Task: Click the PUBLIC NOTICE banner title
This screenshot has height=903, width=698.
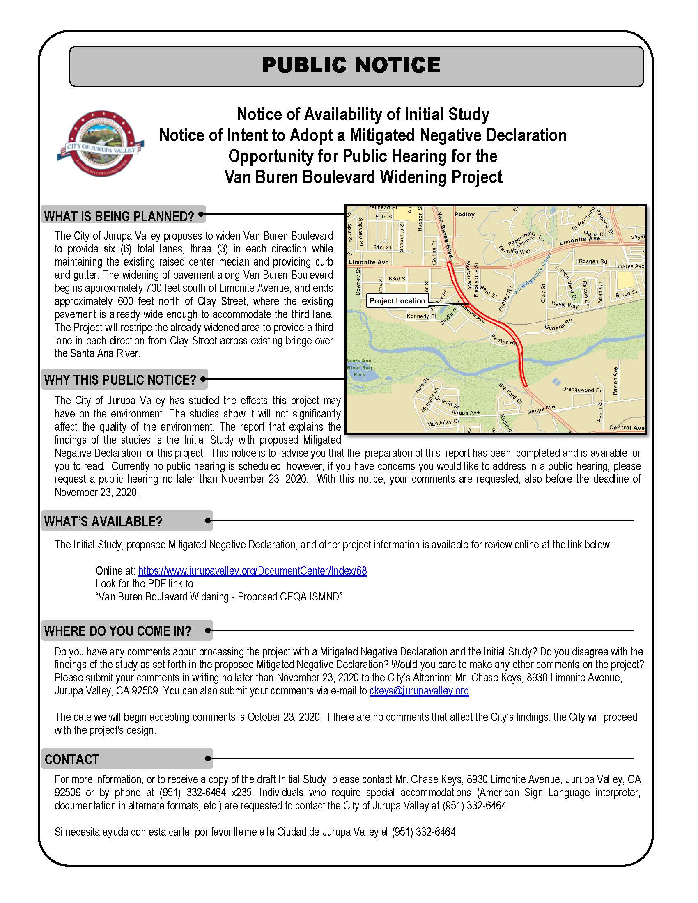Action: pos(351,65)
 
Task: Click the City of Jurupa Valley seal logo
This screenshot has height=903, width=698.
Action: pos(101,144)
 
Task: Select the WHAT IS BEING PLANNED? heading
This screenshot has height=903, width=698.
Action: pos(119,216)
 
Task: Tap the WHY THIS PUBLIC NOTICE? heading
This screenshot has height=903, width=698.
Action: pos(120,380)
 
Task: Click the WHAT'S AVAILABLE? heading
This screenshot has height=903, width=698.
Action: pos(103,521)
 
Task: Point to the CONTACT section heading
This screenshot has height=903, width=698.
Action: pos(72,759)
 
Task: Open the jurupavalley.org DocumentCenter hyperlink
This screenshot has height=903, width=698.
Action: pos(252,571)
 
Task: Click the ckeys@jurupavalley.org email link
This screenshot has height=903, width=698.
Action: pos(419,690)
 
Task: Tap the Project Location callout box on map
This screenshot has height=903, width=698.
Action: pos(397,301)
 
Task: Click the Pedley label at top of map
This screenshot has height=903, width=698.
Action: pos(464,214)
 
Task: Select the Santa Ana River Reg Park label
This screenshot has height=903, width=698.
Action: pos(359,367)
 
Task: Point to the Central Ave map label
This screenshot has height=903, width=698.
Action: pos(626,427)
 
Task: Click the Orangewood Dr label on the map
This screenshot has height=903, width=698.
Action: pos(581,389)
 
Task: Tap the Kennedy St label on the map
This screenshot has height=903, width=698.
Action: pos(421,316)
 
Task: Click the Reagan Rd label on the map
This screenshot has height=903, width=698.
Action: pos(592,261)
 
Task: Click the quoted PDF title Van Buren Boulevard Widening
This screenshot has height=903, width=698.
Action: pos(219,597)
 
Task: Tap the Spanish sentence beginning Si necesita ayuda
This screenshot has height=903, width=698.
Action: pos(255,832)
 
